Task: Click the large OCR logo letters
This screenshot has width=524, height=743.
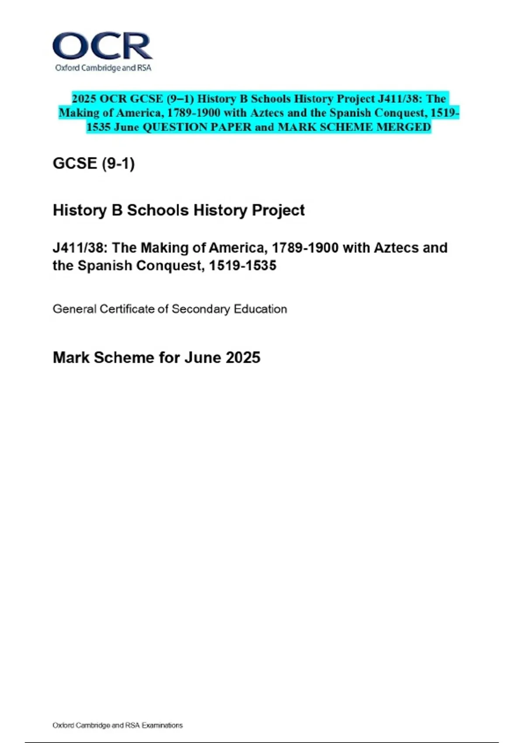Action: point(103,46)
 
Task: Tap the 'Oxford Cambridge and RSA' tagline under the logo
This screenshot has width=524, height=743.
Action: point(103,68)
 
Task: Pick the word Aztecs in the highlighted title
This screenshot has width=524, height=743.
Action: point(268,113)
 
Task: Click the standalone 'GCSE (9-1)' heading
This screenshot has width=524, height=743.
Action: point(93,163)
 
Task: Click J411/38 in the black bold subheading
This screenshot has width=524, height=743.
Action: point(79,248)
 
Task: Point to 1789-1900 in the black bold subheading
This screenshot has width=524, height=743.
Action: point(305,248)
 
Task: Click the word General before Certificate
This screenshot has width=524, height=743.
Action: point(74,309)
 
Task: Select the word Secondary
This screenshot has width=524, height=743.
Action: point(200,309)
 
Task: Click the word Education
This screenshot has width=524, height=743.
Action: point(260,309)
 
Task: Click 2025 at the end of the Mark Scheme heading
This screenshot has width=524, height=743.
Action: point(243,358)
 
